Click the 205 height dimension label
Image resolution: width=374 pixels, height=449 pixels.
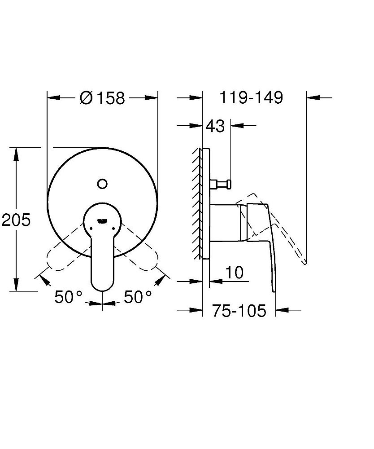(16, 220)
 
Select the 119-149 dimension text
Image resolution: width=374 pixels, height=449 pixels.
(251, 97)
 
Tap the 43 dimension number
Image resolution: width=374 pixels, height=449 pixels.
(215, 127)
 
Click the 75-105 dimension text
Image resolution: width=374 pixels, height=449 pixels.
(239, 310)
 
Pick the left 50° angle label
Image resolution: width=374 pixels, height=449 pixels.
(68, 297)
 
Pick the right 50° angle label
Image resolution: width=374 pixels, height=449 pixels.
(137, 297)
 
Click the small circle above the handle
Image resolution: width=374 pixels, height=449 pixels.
(102, 183)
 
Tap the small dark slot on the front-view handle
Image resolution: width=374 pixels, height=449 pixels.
(102, 220)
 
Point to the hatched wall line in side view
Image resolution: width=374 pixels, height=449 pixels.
(198, 202)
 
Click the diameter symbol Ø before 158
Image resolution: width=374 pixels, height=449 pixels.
(86, 98)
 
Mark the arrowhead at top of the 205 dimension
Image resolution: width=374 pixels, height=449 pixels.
(16, 152)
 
